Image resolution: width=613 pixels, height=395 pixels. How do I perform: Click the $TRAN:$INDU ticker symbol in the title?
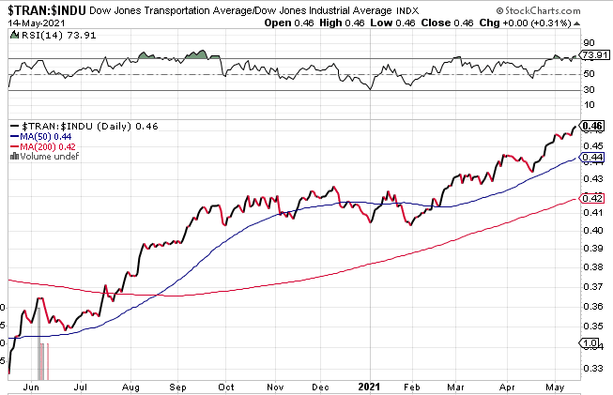point(44,8)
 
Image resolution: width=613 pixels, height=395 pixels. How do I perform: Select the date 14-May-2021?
point(28,22)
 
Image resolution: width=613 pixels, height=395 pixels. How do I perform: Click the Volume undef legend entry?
point(43,157)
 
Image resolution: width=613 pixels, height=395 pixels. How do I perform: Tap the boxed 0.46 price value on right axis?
point(591,125)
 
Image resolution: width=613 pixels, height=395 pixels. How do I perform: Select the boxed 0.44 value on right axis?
point(591,158)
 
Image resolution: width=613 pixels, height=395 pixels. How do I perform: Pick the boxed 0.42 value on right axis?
point(591,198)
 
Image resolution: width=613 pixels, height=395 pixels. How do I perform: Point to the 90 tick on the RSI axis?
point(589,42)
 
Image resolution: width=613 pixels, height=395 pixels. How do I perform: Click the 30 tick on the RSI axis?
point(589,90)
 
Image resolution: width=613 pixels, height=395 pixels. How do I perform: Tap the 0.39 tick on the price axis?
point(591,248)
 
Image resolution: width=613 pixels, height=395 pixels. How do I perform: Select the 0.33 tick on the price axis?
point(591,370)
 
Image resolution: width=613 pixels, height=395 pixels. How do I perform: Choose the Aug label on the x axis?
point(130,386)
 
